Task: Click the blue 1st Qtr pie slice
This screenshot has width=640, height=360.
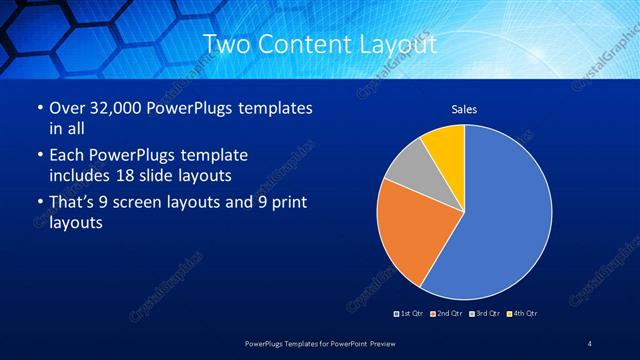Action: click(500, 220)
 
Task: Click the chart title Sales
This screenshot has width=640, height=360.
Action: click(464, 108)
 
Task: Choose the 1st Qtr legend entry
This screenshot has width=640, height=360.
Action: click(409, 314)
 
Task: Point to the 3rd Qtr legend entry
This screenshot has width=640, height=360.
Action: click(484, 314)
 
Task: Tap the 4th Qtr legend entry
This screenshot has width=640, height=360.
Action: click(523, 314)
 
